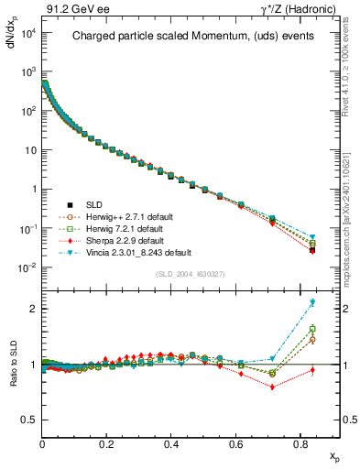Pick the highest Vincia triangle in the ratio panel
[x=312, y=302]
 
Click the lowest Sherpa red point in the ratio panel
[x=273, y=387]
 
